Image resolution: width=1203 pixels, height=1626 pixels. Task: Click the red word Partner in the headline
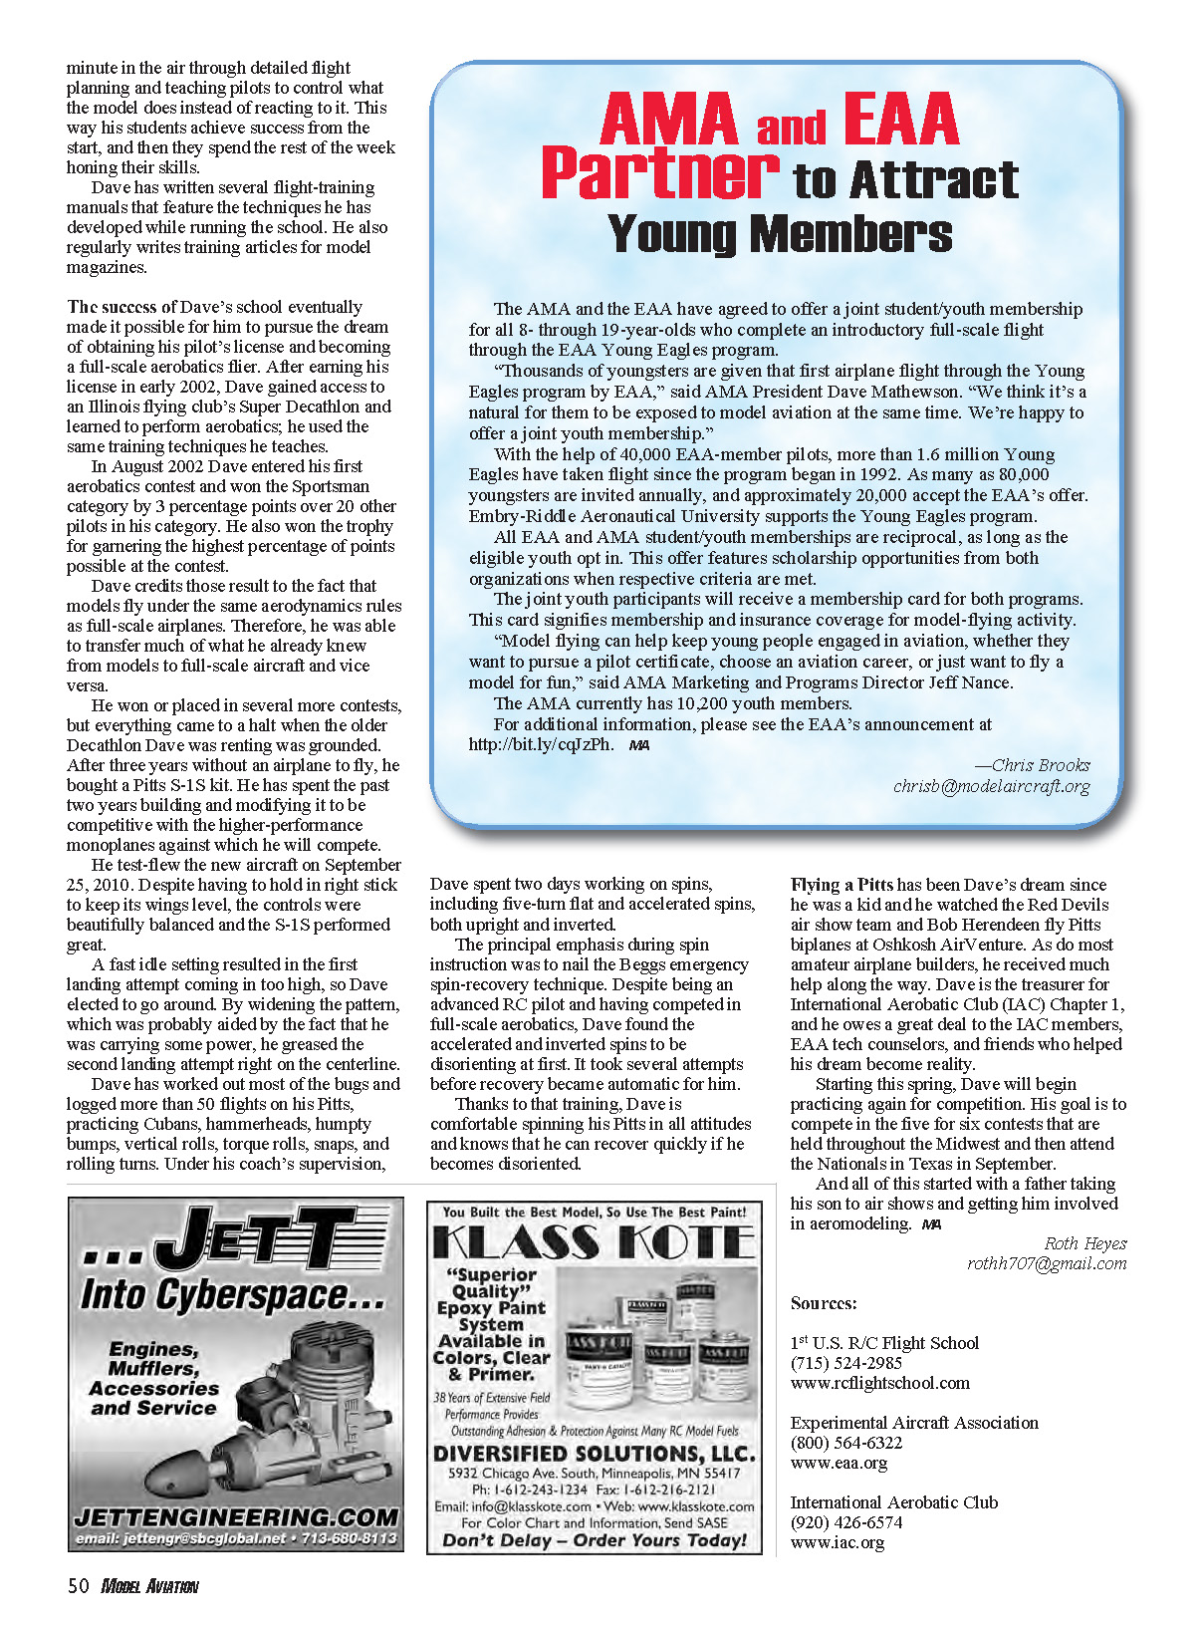click(x=659, y=173)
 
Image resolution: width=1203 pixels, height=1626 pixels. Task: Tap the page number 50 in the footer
click(x=79, y=1586)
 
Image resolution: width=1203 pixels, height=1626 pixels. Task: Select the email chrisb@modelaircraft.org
click(x=991, y=786)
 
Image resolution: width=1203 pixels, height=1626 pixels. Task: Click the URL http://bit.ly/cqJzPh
click(x=541, y=744)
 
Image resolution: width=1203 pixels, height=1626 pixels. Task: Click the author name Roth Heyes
click(x=1084, y=1243)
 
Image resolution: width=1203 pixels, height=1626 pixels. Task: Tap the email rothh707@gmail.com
click(x=1047, y=1263)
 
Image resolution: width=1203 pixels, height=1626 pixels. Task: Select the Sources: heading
click(x=824, y=1303)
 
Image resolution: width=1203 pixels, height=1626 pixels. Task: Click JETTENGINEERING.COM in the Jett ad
click(x=236, y=1516)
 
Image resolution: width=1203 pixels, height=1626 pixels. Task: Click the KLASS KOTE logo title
click(x=594, y=1242)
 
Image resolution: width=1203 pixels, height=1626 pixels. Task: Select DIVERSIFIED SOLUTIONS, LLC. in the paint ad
click(x=594, y=1454)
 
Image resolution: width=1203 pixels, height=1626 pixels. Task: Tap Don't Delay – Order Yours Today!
click(x=594, y=1540)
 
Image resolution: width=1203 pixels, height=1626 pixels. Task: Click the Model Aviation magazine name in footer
click(x=149, y=1586)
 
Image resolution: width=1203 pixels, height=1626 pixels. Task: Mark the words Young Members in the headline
click(x=780, y=234)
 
